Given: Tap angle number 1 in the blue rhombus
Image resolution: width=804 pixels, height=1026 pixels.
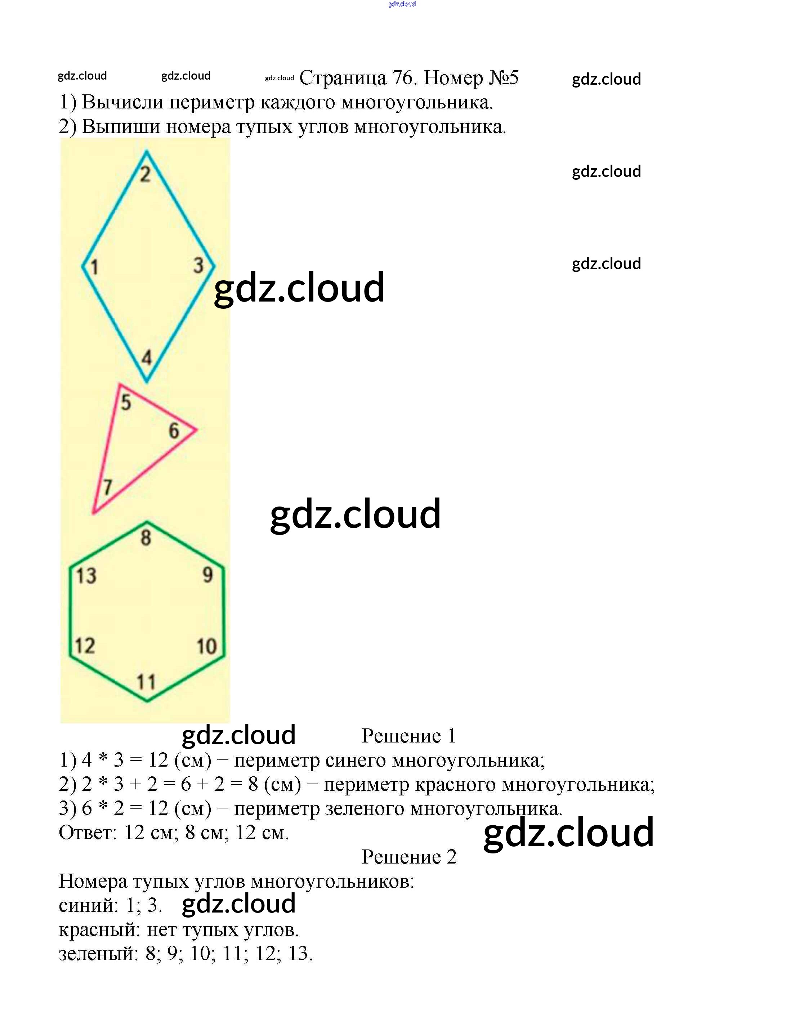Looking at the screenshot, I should coord(94,267).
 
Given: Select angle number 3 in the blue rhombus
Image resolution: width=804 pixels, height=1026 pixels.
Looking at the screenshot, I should coord(198,266).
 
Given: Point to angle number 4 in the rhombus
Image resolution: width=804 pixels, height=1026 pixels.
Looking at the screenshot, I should coord(147,358).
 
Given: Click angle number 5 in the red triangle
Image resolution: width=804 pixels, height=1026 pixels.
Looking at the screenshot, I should coord(126,402).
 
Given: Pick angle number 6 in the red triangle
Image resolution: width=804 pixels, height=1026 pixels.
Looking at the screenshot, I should coord(174,431).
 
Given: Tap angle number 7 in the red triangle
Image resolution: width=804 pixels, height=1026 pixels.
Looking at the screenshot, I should coord(108,487).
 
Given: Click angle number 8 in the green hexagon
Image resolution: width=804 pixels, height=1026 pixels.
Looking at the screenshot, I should coord(146,538).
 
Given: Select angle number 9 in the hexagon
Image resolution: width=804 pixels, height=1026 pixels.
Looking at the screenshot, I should coord(207,575).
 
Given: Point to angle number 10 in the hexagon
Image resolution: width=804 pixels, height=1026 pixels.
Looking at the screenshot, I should coord(206,646).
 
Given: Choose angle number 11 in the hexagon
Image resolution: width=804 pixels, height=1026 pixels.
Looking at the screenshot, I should coord(146,682).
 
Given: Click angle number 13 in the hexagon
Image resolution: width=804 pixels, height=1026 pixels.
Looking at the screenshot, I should coord(86,576).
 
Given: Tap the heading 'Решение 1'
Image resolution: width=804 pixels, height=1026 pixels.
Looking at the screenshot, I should coord(408,736).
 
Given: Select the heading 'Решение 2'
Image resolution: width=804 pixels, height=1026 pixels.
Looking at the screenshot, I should coord(408,857).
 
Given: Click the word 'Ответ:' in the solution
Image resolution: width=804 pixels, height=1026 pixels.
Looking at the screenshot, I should coord(88,833).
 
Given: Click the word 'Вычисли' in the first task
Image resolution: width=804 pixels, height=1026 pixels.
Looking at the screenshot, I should coord(122,102).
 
